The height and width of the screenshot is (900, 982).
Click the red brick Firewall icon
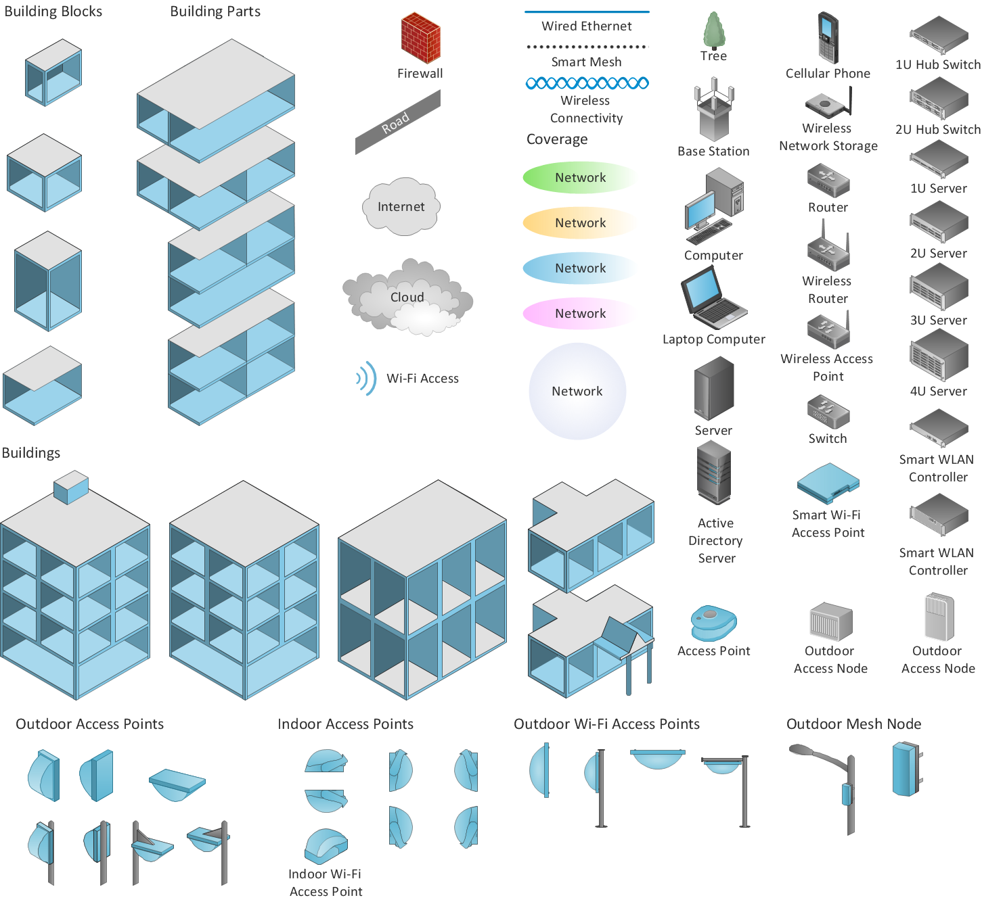coord(420,39)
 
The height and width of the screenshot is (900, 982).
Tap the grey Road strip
coord(398,122)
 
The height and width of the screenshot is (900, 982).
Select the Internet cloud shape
coord(401,206)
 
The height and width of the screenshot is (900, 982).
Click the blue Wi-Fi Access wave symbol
coord(367,378)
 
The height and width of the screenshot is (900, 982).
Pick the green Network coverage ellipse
coord(579,177)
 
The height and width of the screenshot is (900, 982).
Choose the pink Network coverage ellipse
coord(579,313)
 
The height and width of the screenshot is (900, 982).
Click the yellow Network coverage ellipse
coord(579,222)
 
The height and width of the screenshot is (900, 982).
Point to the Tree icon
coord(713,31)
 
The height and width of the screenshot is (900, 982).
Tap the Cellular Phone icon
coord(828,37)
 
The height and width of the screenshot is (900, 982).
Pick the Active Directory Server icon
coord(714,473)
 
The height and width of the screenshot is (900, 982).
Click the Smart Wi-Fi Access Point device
coord(828,483)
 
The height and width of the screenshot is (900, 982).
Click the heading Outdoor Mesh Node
coord(853,724)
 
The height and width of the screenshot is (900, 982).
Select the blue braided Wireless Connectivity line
coord(587,83)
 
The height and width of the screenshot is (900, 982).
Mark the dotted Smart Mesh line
coord(587,47)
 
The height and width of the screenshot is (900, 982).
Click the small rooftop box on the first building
coord(71,486)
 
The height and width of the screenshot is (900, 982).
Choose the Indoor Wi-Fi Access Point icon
coord(326,847)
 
